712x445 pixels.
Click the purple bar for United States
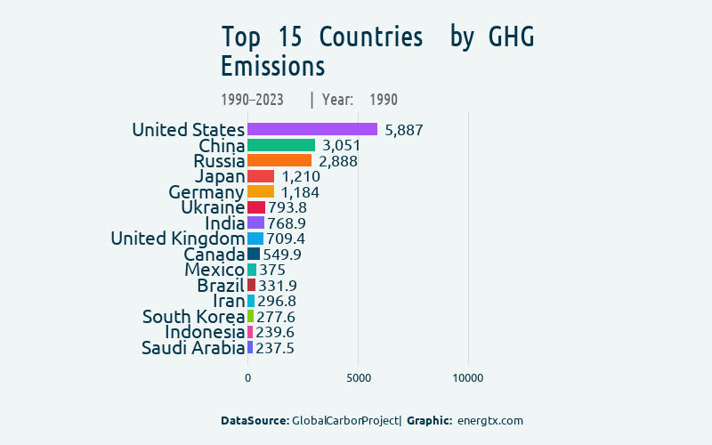point(312,129)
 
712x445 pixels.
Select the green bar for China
point(281,145)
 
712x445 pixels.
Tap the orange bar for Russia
point(279,160)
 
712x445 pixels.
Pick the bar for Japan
point(261,176)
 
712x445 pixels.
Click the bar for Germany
point(261,191)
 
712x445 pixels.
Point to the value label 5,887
point(403,130)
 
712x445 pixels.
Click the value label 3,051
point(341,145)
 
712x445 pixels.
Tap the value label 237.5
point(274,348)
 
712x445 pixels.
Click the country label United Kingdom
point(177,239)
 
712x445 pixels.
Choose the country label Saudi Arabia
point(192,348)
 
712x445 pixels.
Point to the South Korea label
point(193,317)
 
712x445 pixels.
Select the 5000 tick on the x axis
point(358,378)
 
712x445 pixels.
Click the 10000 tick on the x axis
point(468,378)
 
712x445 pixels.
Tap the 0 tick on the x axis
point(247,378)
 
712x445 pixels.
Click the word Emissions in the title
point(272,67)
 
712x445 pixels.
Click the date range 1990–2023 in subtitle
point(252,100)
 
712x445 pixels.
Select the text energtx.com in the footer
point(489,420)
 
